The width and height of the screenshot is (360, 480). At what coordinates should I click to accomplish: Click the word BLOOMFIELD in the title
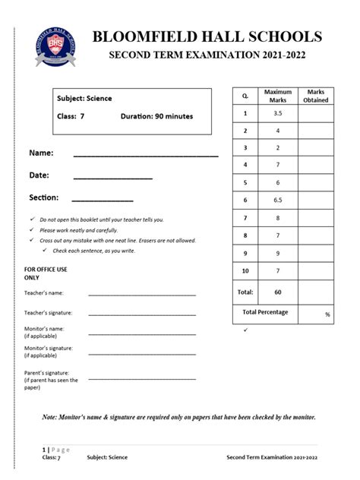pos(144,36)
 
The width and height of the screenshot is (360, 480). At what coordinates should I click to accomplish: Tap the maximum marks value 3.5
pos(277,113)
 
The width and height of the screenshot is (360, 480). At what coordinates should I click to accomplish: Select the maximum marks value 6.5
pos(277,200)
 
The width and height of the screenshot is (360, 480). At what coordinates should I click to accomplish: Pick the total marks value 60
pos(277,292)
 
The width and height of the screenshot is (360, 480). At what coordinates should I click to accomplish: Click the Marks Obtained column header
pos(315,96)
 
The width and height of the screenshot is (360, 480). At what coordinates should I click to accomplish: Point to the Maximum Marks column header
pos(277,96)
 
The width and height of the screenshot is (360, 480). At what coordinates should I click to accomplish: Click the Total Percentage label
pos(265,312)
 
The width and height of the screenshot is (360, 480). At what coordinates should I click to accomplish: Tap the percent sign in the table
pos(327,314)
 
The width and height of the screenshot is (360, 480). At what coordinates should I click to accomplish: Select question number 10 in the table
pos(245,270)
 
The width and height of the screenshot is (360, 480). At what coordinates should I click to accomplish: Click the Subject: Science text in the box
pos(84,99)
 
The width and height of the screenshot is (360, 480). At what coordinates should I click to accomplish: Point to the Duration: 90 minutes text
pos(156,116)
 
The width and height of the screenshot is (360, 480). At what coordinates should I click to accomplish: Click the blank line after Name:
pos(145,156)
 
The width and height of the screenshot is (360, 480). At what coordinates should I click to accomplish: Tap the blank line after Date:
pos(112,178)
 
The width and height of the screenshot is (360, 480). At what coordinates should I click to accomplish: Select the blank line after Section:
pos(102,200)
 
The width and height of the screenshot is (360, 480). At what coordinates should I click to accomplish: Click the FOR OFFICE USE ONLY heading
pos(46,273)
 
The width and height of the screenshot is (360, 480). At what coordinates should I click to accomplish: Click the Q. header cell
pos(245,96)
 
